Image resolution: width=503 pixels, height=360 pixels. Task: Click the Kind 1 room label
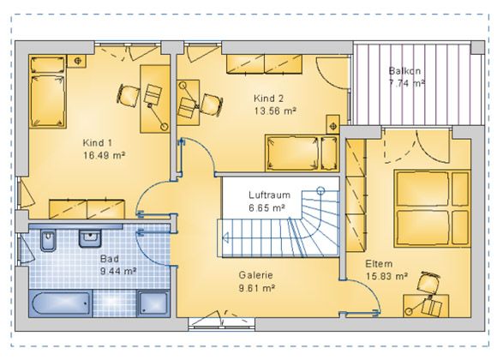[97, 143]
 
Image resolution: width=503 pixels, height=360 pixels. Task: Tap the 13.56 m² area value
[275, 111]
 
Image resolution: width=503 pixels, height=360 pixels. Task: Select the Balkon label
[404, 71]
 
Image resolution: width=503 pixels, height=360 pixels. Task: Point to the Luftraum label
[269, 195]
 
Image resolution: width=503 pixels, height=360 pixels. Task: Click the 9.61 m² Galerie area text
[256, 288]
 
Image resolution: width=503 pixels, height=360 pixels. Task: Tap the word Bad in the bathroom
[110, 259]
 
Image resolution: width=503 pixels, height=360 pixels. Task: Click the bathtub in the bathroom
[60, 303]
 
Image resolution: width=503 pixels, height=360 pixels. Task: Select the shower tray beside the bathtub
[153, 303]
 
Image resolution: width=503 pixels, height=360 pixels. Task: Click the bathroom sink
[90, 238]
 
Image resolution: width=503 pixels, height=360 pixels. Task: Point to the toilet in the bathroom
[48, 240]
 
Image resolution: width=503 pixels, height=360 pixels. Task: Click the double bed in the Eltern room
[432, 208]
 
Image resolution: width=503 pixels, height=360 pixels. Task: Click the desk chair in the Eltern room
[429, 283]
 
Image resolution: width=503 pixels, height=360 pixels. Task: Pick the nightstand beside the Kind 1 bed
[76, 61]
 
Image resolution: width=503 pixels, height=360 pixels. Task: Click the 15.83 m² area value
[386, 276]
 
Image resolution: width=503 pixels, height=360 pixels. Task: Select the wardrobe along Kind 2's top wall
[264, 64]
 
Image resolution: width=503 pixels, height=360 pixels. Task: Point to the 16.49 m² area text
[104, 156]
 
